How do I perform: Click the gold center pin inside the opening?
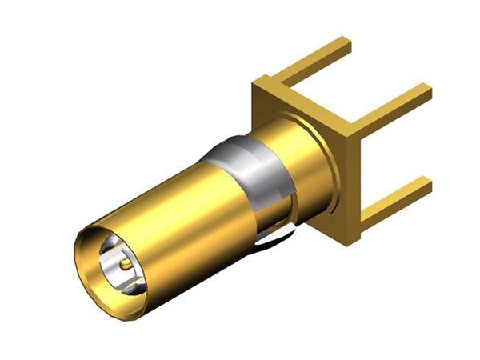click(126, 261)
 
